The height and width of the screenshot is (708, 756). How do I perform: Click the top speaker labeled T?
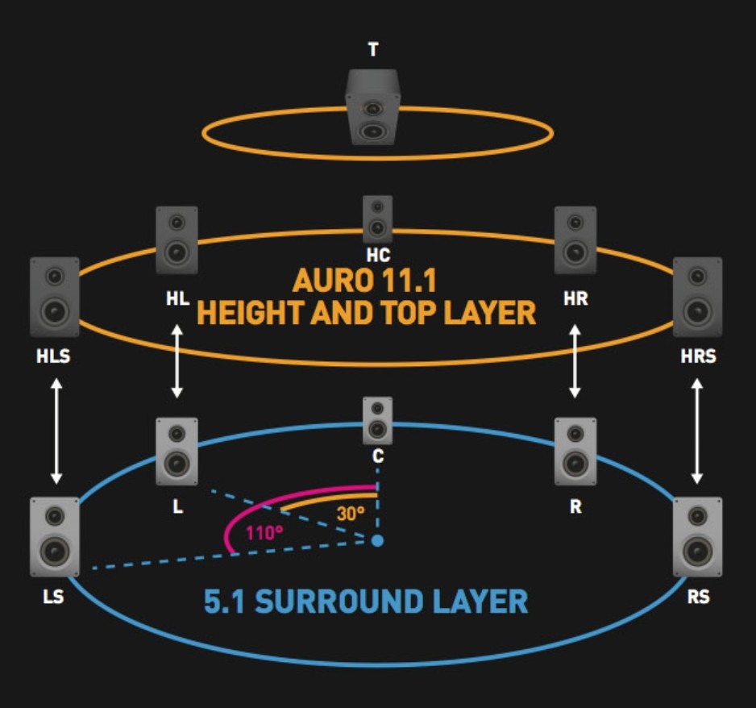(372, 106)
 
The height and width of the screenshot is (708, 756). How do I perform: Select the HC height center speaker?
(377, 219)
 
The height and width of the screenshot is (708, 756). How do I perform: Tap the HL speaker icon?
(177, 239)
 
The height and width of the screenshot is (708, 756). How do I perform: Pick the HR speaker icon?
(575, 239)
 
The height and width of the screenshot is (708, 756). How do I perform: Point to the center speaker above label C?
(377, 420)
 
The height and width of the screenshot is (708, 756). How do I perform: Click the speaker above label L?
(177, 451)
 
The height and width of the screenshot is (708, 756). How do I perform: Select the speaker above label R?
(575, 451)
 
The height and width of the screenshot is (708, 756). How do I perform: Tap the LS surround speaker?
(55, 536)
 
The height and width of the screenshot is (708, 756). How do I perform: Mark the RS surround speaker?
(697, 536)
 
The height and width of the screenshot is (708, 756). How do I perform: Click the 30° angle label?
(351, 513)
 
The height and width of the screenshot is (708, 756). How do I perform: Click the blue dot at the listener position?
(376, 540)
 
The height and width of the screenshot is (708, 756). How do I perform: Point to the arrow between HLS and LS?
(56, 432)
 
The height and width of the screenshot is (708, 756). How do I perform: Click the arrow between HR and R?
(575, 360)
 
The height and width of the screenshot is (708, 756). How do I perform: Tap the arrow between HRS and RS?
(698, 432)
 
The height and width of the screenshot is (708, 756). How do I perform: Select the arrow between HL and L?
(177, 360)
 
